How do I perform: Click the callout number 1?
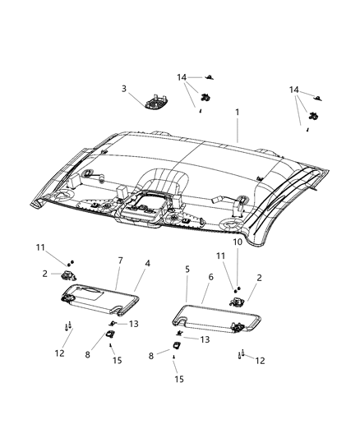coord(237,113)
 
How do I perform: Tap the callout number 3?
coord(124,89)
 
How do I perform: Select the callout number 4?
coord(147,263)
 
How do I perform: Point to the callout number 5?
coord(187,270)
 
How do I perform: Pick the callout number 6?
coord(210,277)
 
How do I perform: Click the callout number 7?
coord(120,260)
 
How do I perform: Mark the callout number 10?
coord(238,242)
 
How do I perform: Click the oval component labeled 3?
coord(156,103)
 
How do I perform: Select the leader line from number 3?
coord(137,99)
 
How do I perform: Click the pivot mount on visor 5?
coord(238,326)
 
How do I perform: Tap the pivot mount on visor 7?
coord(67,298)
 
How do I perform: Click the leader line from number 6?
coord(205,293)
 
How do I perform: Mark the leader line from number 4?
coord(140,280)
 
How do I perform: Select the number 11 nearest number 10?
coord(220,256)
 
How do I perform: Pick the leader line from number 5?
coord(187,288)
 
